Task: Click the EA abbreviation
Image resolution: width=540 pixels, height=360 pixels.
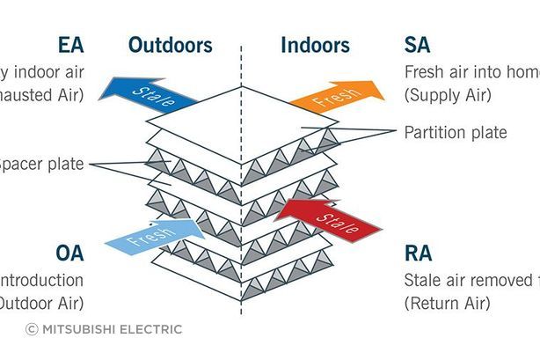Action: click(x=71, y=45)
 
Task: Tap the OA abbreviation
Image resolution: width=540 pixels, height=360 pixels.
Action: click(x=70, y=253)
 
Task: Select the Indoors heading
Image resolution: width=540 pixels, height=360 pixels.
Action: click(x=315, y=45)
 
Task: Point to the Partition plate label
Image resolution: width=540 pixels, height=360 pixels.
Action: click(x=456, y=133)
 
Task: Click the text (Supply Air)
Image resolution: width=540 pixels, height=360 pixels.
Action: click(x=449, y=94)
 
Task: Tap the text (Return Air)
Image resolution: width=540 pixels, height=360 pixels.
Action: click(x=449, y=303)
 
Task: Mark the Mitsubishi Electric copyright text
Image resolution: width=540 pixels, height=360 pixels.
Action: click(x=110, y=329)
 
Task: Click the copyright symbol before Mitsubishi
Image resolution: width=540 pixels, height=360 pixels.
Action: click(x=32, y=329)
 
